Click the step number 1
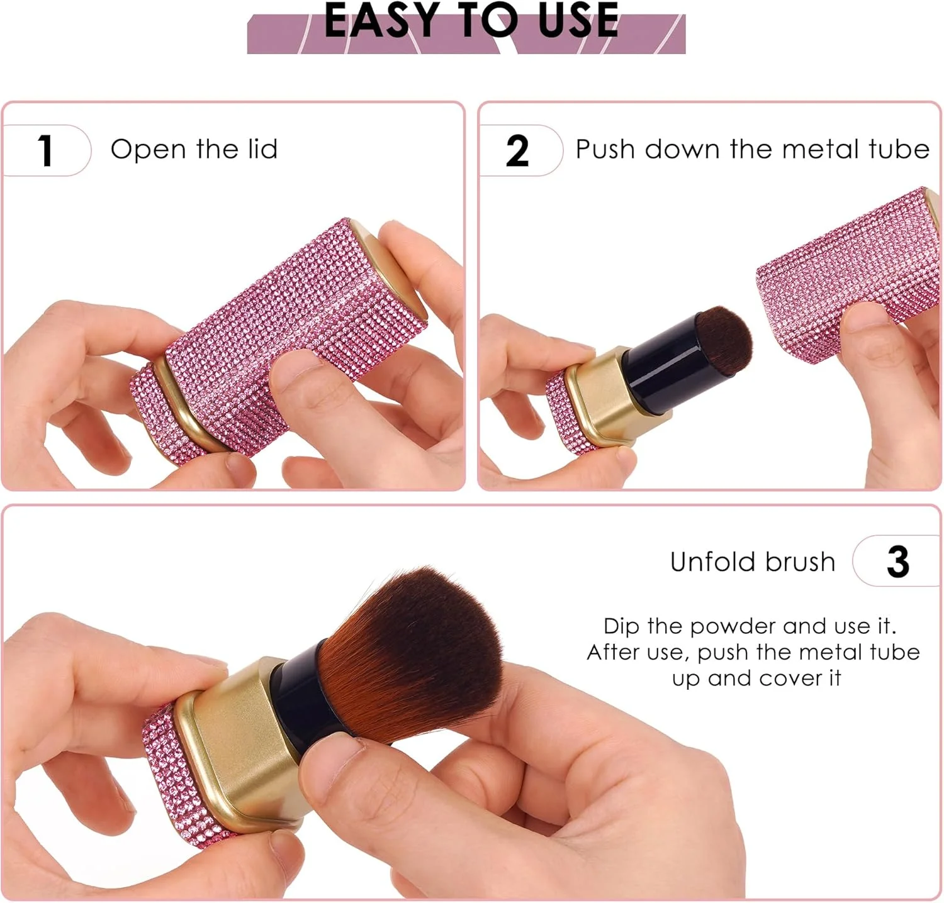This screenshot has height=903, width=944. (45, 150)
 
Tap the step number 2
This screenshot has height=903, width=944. (517, 151)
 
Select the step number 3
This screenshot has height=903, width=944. (898, 562)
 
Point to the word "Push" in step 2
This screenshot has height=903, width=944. (605, 149)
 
